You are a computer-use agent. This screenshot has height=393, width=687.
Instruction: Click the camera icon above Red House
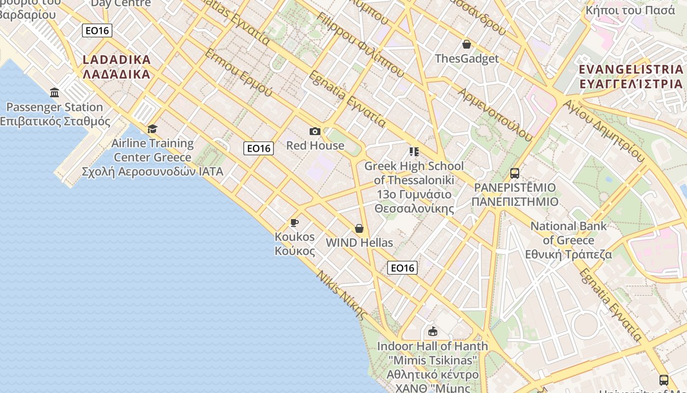coord(315,131)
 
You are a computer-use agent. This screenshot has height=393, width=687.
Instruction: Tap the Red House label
coord(315,145)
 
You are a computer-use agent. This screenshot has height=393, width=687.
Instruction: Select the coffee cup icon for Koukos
coord(294,223)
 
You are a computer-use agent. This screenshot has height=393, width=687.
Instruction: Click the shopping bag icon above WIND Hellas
coord(359,228)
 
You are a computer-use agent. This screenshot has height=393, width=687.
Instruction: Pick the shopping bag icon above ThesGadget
coord(467,44)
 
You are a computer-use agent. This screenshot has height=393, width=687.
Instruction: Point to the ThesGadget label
coord(467,58)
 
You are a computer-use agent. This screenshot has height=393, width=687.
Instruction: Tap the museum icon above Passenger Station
coord(54,92)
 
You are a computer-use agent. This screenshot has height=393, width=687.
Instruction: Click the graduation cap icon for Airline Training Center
coord(153,129)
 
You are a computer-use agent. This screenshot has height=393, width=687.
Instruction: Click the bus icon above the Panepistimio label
coord(515,173)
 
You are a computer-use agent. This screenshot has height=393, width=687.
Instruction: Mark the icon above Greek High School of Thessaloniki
coord(414,151)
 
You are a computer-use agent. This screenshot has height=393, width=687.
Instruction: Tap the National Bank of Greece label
coord(569,240)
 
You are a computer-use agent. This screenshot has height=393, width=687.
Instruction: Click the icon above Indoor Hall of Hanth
coord(432,331)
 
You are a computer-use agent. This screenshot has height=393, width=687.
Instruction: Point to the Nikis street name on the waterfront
coord(342,295)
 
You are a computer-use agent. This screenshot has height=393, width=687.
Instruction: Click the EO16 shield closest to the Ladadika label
coord(97,31)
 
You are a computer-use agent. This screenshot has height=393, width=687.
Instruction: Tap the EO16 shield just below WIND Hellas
coord(402,268)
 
